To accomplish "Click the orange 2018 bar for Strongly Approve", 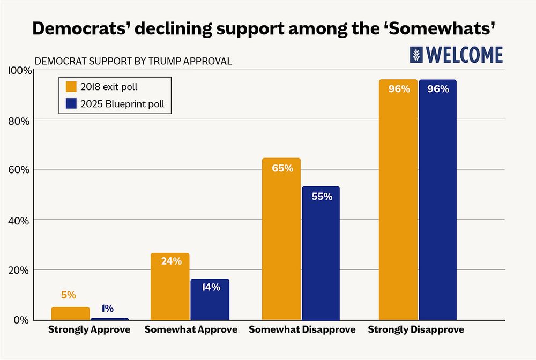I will [70, 313].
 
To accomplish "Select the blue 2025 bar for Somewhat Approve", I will [210, 300].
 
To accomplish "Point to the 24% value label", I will [170, 261].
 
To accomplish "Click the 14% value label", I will [210, 287].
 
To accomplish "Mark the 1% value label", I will [107, 309].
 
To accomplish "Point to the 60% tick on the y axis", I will [19, 170].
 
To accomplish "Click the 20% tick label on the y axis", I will [19, 270].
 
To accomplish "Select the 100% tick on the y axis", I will [17, 71].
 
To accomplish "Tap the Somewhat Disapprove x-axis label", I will [302, 329].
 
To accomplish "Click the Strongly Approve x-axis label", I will [89, 329].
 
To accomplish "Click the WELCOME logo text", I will [464, 55].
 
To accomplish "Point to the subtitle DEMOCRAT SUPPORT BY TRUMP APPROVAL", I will [133, 61].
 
